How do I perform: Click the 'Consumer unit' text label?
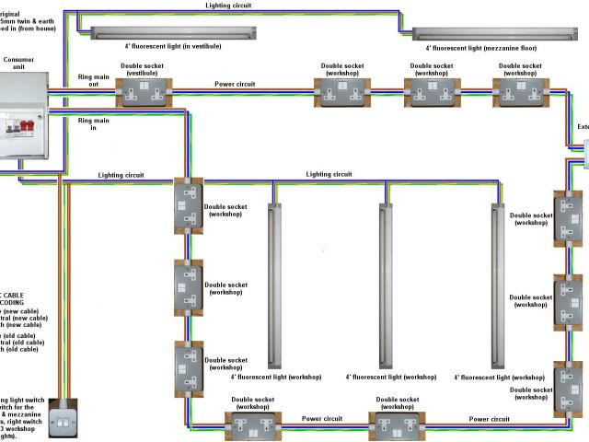[x=19, y=63]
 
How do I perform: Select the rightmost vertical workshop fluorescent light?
[x=497, y=285]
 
